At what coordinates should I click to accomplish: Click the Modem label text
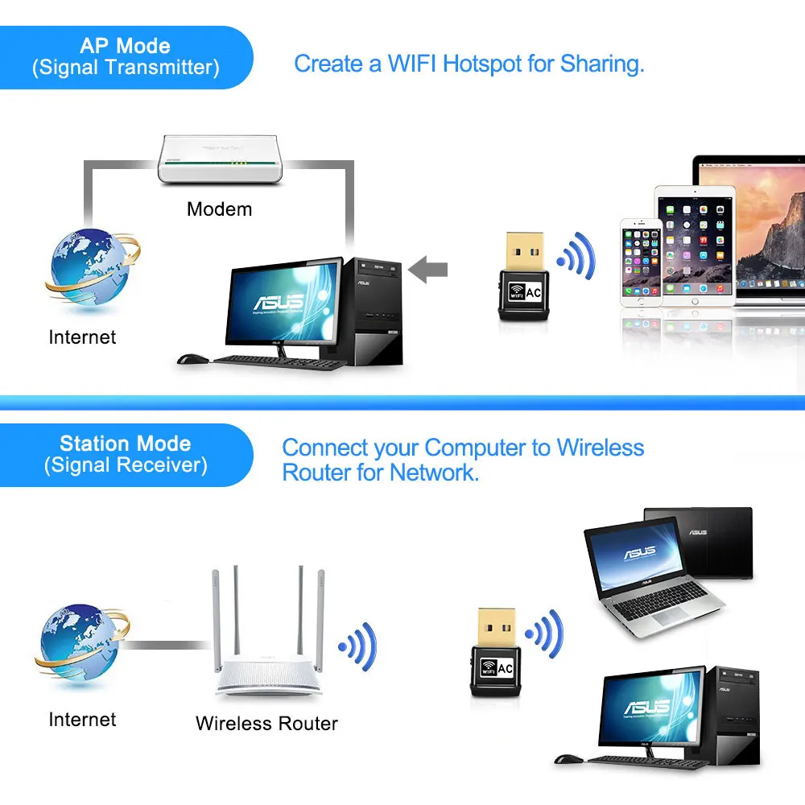pos(219,209)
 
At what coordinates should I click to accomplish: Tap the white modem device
pos(220,159)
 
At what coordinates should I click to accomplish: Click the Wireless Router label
pos(266,723)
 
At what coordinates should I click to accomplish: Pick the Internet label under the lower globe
pos(82,719)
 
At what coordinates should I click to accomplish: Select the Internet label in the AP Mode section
pos(82,337)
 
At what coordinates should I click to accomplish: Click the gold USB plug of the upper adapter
pos(523,251)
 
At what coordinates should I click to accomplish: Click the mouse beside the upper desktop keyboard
pos(190,359)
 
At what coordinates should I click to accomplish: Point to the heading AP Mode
pos(125,46)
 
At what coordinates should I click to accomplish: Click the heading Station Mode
pos(125,444)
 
